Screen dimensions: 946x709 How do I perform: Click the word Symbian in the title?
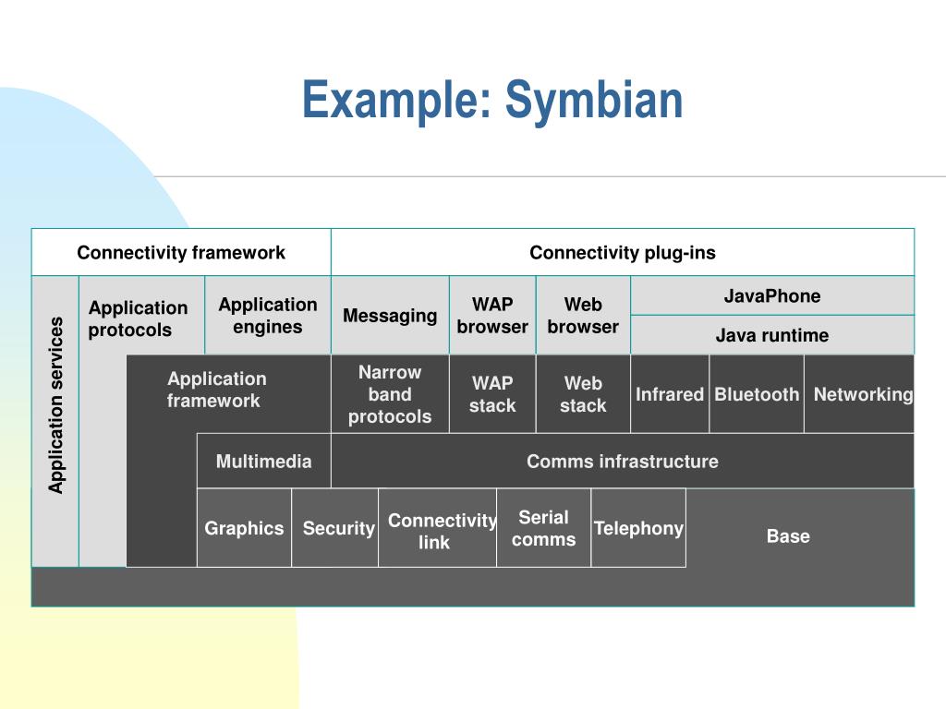(594, 100)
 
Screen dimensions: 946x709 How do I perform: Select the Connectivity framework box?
(181, 252)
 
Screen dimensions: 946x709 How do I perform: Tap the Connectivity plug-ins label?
(623, 253)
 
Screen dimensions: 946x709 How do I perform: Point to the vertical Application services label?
(55, 405)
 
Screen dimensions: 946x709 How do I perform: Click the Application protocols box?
(142, 316)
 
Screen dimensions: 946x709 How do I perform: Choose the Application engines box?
(268, 316)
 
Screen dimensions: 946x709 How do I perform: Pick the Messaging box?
(390, 316)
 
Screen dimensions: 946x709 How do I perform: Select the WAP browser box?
(492, 316)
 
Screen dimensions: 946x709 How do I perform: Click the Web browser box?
(584, 316)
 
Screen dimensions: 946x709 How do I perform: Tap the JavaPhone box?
(772, 296)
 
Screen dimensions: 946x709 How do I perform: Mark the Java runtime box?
(772, 334)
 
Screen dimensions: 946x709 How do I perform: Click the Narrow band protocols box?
(390, 393)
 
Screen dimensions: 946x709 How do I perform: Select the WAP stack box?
(492, 393)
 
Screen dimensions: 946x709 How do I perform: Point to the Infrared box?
(670, 393)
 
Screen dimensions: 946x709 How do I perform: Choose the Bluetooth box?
(757, 393)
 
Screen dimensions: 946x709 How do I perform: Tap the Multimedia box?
(263, 462)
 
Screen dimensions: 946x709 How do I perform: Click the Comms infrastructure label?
(623, 462)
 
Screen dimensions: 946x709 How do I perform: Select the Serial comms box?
(543, 527)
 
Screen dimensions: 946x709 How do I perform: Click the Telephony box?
(638, 527)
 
